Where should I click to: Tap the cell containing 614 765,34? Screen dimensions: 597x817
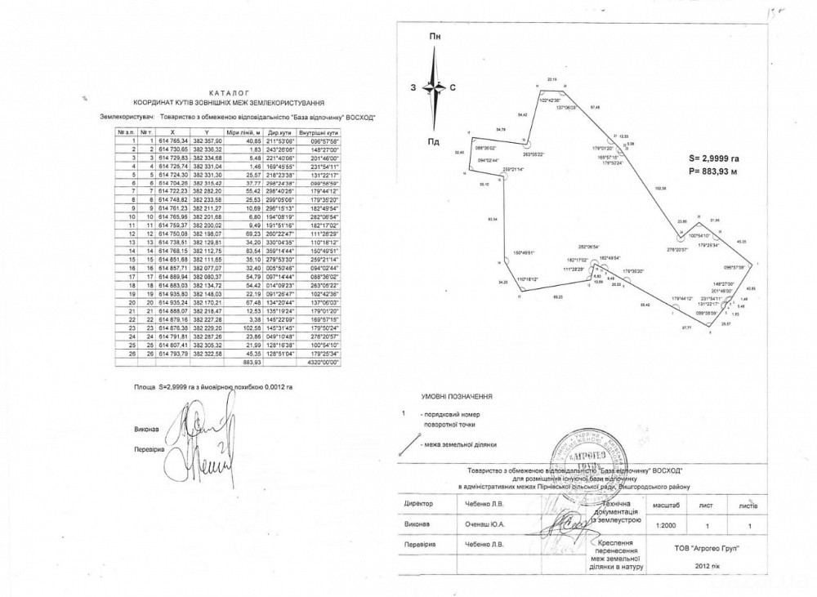coord(172,140)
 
